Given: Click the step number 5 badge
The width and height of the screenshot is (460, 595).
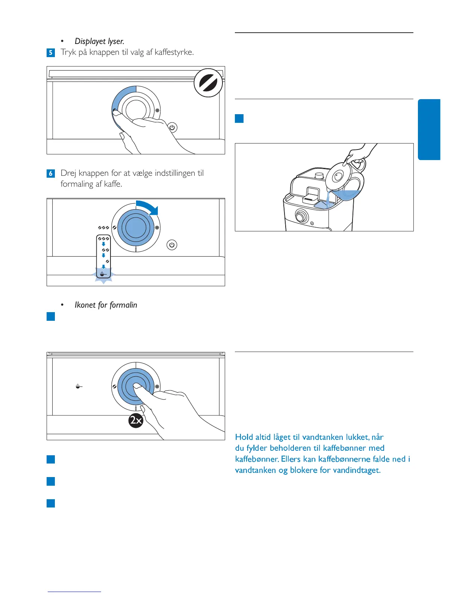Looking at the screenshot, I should click(51, 53).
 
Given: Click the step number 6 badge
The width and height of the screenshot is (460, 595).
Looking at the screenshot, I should click(51, 174).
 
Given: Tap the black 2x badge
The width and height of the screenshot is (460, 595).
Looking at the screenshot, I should click(136, 420).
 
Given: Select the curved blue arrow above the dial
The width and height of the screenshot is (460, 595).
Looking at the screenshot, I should click(148, 207).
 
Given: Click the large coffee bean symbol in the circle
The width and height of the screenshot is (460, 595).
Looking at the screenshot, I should click(208, 83).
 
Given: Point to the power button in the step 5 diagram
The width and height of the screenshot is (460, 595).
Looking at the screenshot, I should click(172, 127).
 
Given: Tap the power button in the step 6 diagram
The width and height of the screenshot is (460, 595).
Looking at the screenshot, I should click(172, 245).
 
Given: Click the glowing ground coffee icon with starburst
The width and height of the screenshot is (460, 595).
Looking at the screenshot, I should click(103, 274).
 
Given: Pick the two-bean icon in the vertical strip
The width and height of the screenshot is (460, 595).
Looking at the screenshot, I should click(106, 250).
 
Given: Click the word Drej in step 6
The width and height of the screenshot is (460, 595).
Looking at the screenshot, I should click(68, 173).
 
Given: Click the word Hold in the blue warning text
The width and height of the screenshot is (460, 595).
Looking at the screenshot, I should click(244, 437).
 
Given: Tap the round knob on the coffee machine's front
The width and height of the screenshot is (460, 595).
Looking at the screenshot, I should click(301, 216).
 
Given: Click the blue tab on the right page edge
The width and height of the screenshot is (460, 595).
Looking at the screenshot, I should click(429, 130).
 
